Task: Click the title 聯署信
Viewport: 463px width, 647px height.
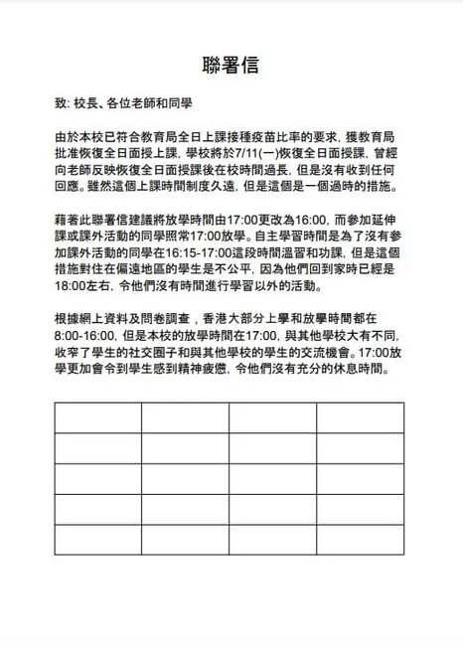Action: (x=231, y=66)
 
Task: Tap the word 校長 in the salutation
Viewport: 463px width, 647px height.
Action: (x=81, y=104)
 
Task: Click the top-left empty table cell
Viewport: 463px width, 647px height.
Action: (x=98, y=416)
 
